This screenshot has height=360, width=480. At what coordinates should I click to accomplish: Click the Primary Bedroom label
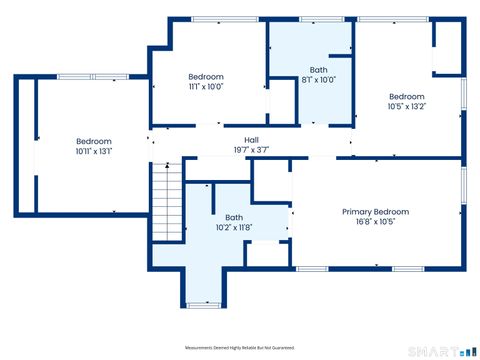point(375,212)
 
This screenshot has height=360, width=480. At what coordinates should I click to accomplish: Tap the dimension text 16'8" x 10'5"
point(375,222)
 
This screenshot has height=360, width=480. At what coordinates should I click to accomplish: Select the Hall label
point(254,140)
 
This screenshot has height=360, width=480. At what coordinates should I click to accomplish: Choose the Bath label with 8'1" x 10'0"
point(318,70)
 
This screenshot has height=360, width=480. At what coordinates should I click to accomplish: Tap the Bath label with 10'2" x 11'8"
point(233,217)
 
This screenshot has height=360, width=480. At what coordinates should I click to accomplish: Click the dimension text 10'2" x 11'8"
point(233,227)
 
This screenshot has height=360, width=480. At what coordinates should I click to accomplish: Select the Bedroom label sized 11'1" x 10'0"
point(206,77)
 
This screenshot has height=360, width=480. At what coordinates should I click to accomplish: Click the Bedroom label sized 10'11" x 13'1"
point(94,141)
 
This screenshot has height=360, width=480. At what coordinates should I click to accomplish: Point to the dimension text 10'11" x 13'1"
point(94,151)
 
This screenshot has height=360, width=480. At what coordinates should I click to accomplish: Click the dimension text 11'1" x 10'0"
point(206,87)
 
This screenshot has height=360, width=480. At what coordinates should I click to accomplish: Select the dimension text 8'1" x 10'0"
point(318,80)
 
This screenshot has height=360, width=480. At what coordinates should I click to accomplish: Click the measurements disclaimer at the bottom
point(240,347)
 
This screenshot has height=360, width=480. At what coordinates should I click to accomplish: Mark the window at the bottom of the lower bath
point(203,305)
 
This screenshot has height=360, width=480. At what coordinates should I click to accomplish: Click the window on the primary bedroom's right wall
point(462,185)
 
